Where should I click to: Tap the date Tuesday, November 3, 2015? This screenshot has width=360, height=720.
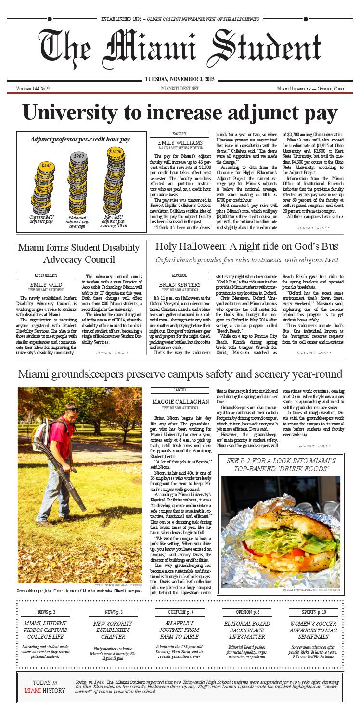coord(180,80)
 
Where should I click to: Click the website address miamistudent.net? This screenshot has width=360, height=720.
coord(180,89)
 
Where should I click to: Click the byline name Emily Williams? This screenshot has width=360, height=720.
coord(180,142)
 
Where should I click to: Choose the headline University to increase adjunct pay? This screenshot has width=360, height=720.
coord(180,114)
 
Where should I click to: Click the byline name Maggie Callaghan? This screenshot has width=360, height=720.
coord(180,401)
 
